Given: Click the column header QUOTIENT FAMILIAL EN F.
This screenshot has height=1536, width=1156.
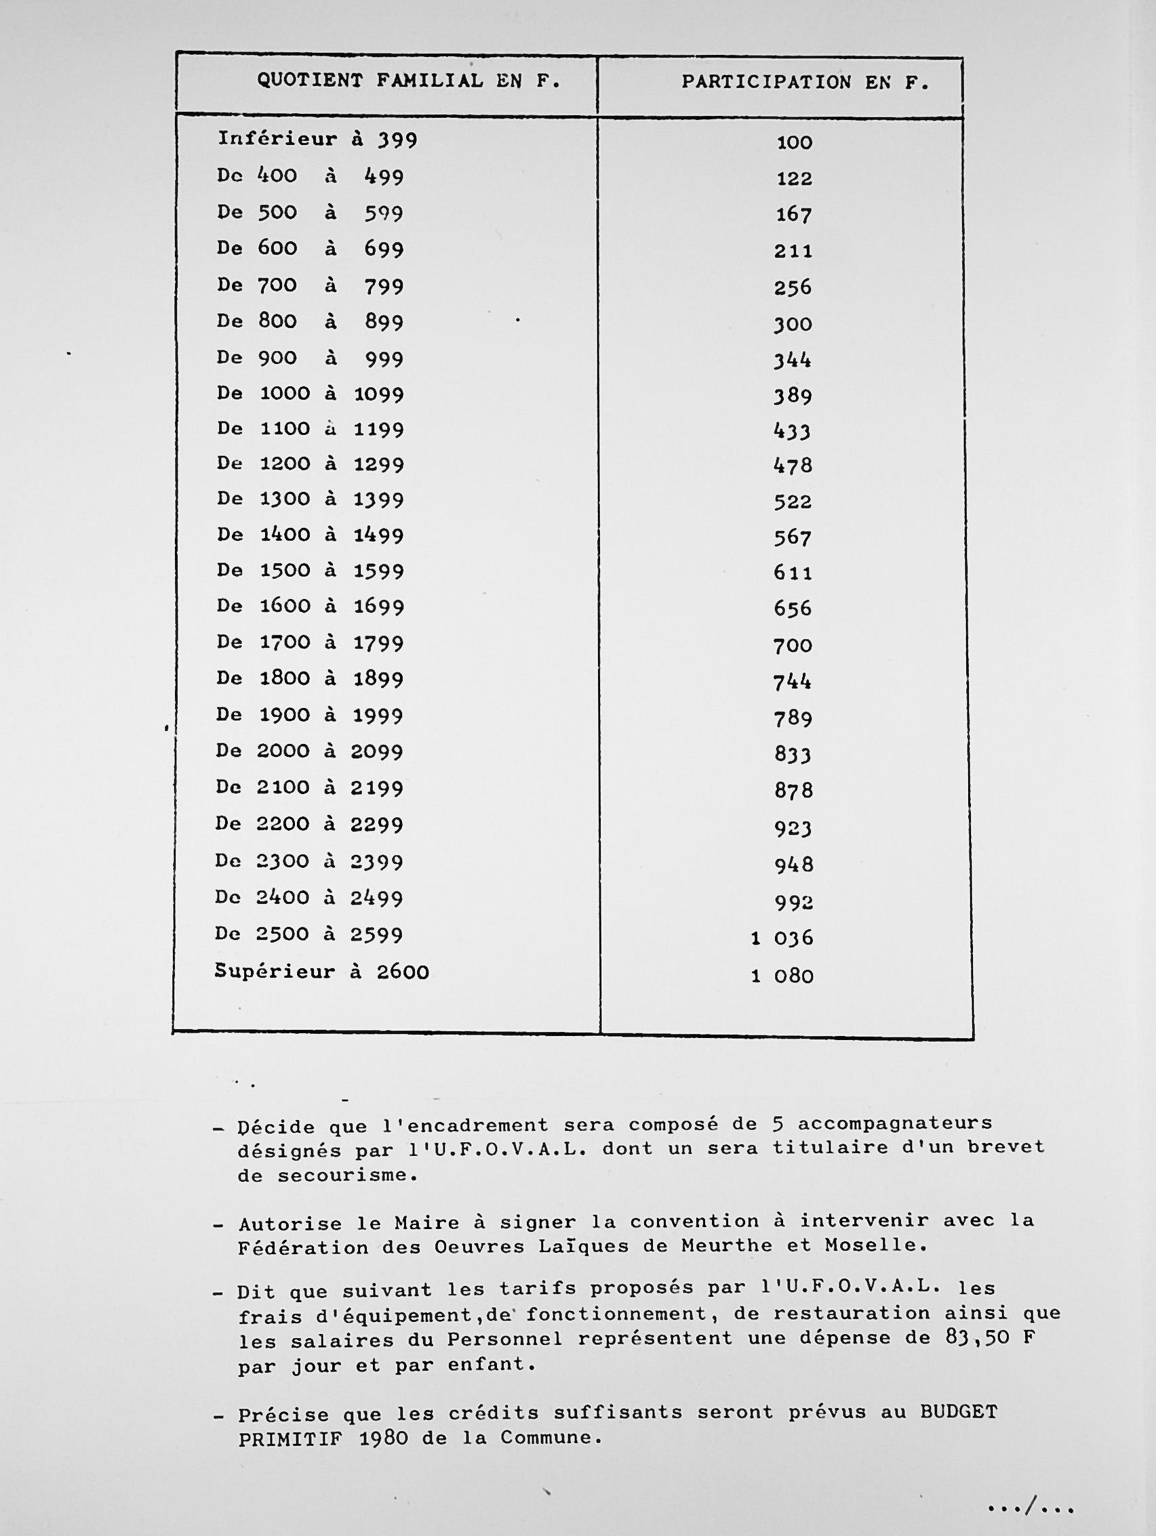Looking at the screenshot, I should point(408,81).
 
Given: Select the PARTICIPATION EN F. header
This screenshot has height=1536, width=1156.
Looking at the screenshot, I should point(805,83).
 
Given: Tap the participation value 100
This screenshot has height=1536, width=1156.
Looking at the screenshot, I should point(794,143).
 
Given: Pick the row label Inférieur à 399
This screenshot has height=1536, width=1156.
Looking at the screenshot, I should point(317,140).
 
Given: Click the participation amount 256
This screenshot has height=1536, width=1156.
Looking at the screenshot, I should point(793,287).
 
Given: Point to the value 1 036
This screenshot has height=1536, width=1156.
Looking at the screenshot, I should point(782,938).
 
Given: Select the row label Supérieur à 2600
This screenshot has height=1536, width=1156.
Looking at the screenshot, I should point(321,972).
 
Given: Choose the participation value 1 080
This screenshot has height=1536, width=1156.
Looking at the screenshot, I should point(782,976).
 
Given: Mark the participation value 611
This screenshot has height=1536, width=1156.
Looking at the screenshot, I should point(793,573).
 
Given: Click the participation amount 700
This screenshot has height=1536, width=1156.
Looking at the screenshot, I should point(793,646).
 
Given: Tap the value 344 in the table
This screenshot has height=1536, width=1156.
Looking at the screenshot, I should point(793,360).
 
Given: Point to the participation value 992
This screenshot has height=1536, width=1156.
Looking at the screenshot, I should point(793,902).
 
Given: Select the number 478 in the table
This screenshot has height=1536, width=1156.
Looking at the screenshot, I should point(793,465).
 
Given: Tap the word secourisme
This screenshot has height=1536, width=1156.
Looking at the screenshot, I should point(346,1176).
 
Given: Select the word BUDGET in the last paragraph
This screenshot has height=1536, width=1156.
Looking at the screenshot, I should point(959,1412).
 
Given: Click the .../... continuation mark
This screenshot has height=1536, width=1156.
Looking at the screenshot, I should point(1031,1508).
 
